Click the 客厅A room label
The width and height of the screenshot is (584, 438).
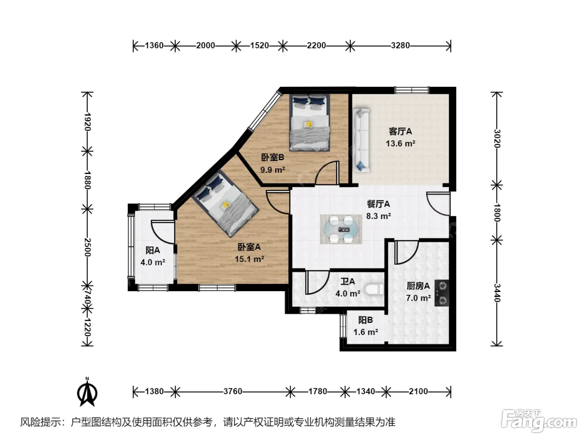pyautogui.click(x=400, y=131)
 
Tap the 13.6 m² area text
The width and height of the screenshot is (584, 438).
pyautogui.click(x=400, y=143)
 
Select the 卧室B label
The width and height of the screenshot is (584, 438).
pyautogui.click(x=273, y=157)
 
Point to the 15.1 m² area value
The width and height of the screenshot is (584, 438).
pyautogui.click(x=249, y=259)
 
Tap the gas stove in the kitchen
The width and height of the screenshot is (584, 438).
pyautogui.click(x=442, y=293)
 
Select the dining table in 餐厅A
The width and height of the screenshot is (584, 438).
pyautogui.click(x=341, y=229)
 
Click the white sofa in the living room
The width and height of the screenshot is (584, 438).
pyautogui.click(x=361, y=140)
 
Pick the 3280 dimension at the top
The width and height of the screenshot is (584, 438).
pyautogui.click(x=400, y=45)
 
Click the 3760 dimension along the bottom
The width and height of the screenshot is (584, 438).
pyautogui.click(x=233, y=391)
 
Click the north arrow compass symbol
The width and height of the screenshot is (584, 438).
pyautogui.click(x=87, y=392)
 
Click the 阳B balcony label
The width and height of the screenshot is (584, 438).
pyautogui.click(x=365, y=320)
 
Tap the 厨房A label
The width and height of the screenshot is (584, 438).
pyautogui.click(x=418, y=286)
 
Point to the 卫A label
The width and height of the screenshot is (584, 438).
pyautogui.click(x=347, y=281)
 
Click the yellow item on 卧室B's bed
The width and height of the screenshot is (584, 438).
pyautogui.click(x=309, y=124)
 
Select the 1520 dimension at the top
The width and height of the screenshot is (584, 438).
pyautogui.click(x=259, y=45)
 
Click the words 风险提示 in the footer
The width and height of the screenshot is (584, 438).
pyautogui.click(x=41, y=422)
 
